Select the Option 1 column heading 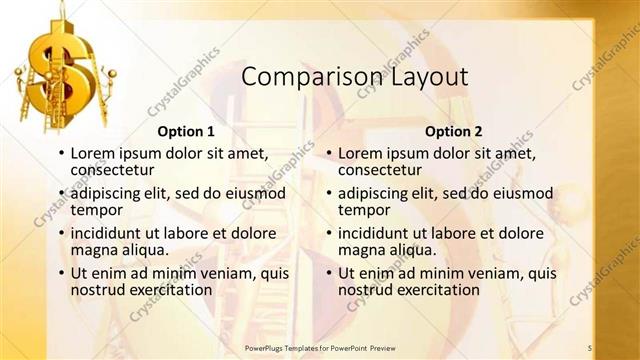[x=186, y=131]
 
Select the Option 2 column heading [x=453, y=131]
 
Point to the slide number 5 [x=590, y=347]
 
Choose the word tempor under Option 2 [x=364, y=210]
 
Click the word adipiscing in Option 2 [x=376, y=193]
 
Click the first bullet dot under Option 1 [x=61, y=154]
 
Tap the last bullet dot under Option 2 [x=329, y=273]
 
